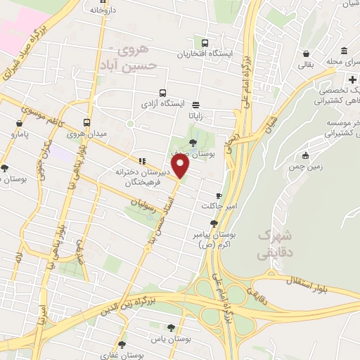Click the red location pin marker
[181, 166]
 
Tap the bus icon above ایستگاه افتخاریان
[205, 43]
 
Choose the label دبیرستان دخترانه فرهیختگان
[138, 177]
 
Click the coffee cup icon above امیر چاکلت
[218, 195]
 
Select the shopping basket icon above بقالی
[307, 53]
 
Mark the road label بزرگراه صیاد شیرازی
[34, 49]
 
